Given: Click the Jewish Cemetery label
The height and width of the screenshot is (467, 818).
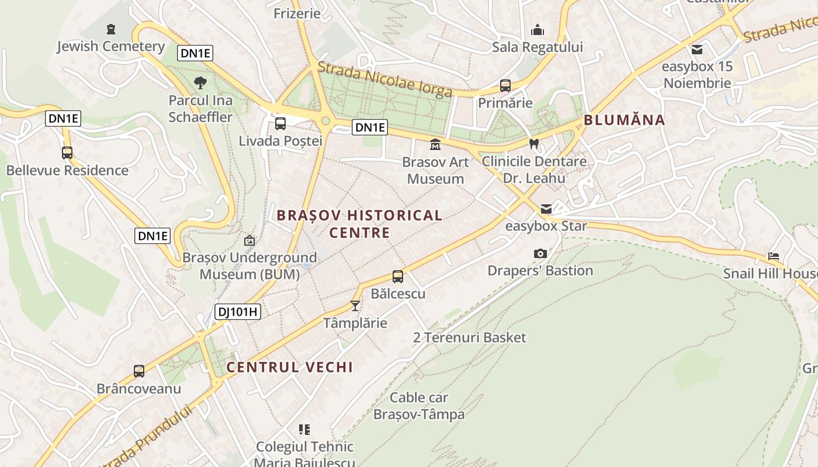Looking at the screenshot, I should pyautogui.click(x=110, y=46).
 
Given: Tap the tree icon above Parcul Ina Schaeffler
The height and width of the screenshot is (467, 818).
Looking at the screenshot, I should pyautogui.click(x=200, y=82).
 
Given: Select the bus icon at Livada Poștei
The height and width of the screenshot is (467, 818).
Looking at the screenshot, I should pyautogui.click(x=280, y=124).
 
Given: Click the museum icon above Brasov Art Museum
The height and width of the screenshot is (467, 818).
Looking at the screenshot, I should pyautogui.click(x=435, y=144).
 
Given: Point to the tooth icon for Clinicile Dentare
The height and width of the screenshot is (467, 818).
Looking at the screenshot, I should pyautogui.click(x=533, y=144).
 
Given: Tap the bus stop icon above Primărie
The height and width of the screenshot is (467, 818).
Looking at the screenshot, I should pyautogui.click(x=505, y=86).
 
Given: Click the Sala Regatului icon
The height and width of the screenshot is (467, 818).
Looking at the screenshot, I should pyautogui.click(x=538, y=30).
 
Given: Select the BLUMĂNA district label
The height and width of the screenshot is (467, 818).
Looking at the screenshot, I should pyautogui.click(x=625, y=120).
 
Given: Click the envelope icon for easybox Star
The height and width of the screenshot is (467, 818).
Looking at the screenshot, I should pyautogui.click(x=546, y=208).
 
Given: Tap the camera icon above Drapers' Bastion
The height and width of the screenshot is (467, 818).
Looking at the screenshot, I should pyautogui.click(x=540, y=253).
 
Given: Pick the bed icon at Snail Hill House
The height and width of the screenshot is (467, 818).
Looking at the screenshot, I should pyautogui.click(x=774, y=256).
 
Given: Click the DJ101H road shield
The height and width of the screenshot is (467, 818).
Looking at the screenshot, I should pyautogui.click(x=237, y=312).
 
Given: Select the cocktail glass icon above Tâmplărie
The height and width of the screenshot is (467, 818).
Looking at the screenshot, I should pyautogui.click(x=355, y=305).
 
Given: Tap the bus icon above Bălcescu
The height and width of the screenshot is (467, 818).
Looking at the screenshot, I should pyautogui.click(x=398, y=277).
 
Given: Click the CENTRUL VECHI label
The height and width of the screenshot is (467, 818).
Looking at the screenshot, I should pyautogui.click(x=289, y=367).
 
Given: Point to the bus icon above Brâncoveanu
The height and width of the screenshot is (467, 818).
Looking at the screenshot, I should pyautogui.click(x=139, y=371).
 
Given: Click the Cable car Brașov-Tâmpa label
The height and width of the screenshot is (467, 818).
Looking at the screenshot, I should pyautogui.click(x=419, y=406).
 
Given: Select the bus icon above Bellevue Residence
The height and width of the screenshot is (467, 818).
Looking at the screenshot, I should pyautogui.click(x=67, y=153).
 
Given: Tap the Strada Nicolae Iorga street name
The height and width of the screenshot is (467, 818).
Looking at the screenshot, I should pyautogui.click(x=385, y=80).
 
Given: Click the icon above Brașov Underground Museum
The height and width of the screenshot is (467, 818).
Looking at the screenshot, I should pyautogui.click(x=249, y=240).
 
